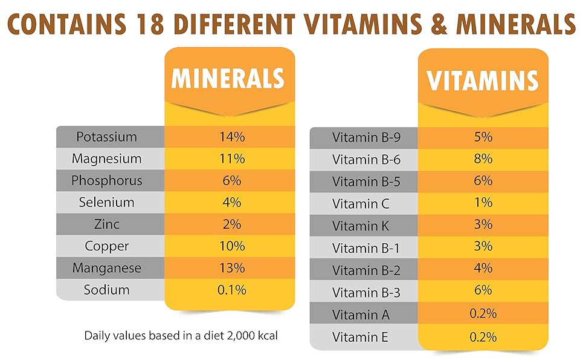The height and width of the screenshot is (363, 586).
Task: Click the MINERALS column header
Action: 228,79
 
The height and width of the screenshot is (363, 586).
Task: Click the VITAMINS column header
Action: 483,80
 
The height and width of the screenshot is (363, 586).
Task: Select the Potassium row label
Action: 106,137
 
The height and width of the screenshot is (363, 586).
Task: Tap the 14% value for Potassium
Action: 231,137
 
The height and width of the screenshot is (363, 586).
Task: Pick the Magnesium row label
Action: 106,159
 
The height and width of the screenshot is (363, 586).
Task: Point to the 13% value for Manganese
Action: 231,267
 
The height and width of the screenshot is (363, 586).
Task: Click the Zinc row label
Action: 106,224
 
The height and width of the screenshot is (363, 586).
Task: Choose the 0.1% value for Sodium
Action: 231,289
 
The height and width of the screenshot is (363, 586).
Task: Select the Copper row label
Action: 106,246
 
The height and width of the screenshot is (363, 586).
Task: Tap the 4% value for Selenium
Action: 231,202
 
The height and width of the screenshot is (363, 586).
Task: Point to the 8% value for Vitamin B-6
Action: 483,159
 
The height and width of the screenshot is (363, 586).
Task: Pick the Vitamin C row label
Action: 361,203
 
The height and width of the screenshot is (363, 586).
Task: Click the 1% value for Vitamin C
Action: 483,203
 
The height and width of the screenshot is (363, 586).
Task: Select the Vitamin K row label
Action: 361,226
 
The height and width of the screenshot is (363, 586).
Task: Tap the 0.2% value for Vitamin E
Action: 483,336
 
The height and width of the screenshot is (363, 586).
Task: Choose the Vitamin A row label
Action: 361,315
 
